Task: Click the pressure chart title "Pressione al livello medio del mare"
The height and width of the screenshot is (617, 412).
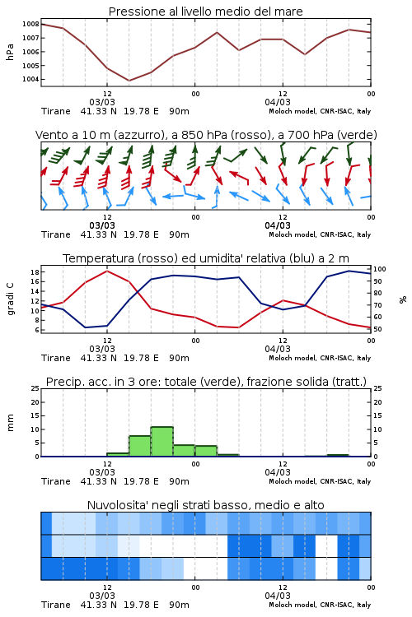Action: (x=205, y=12)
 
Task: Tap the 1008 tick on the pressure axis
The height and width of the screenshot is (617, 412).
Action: (x=30, y=24)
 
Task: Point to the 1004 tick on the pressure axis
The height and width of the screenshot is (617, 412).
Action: (x=30, y=79)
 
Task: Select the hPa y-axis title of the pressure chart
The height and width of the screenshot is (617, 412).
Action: (x=10, y=52)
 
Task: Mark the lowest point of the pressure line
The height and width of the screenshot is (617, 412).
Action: (x=129, y=81)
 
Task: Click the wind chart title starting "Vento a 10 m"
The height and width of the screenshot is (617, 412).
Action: (x=206, y=135)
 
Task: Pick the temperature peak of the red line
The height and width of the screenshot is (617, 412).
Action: (x=107, y=271)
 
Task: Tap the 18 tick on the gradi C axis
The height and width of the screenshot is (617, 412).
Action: (x=35, y=272)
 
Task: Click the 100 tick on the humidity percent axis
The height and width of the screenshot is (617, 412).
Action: (x=380, y=269)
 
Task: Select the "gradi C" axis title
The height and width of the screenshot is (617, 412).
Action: (x=10, y=299)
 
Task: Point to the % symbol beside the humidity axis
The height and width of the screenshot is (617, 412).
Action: (x=403, y=299)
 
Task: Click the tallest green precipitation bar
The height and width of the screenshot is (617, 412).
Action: (x=162, y=442)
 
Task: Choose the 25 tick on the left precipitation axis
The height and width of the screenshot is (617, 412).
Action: (x=35, y=388)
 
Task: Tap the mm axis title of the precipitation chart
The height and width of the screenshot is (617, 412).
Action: (x=10, y=422)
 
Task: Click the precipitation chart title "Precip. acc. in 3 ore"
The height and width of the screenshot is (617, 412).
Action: (x=206, y=382)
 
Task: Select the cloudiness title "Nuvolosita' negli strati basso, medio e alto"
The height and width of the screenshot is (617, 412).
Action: (x=205, y=505)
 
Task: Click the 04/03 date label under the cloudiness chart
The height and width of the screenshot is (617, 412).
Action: (x=278, y=596)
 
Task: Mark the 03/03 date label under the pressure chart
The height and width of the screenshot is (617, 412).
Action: (x=102, y=102)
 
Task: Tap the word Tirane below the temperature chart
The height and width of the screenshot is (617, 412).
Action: (x=55, y=358)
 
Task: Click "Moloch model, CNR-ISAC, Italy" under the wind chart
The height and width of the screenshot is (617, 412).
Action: (x=320, y=234)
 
